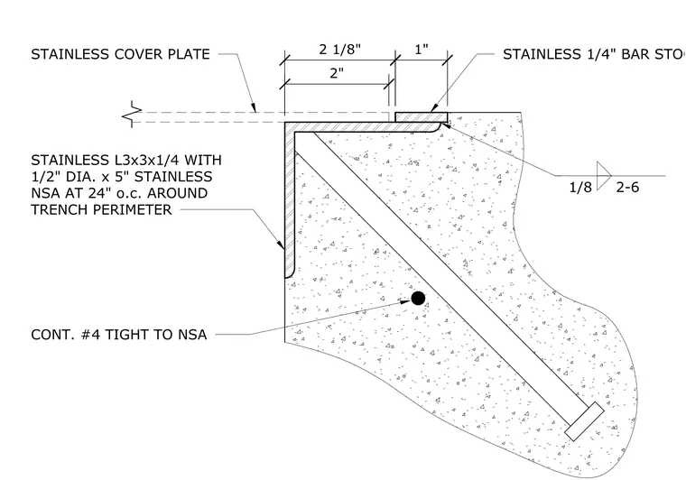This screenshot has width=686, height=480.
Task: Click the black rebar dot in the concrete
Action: coord(418,298)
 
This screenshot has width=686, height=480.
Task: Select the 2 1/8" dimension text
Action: coord(340,49)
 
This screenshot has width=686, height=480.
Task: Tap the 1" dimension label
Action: coord(422,49)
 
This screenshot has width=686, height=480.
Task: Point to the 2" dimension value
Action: coord(337,73)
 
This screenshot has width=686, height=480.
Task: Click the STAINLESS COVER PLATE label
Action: coord(120,54)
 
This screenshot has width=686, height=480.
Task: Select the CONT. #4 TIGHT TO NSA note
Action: coord(118,335)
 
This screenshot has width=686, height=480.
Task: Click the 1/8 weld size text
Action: coord(580,187)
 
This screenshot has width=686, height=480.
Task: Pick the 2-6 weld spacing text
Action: coord(627,187)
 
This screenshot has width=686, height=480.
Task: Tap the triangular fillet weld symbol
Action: coord(604,176)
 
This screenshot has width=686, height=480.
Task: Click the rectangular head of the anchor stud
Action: coord(585,421)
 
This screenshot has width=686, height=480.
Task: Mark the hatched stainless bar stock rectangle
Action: coord(422,117)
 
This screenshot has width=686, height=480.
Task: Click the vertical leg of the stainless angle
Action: coord(289,199)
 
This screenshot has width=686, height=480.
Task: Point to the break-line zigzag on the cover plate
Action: coord(132,115)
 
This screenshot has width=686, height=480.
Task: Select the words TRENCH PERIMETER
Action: coord(101,210)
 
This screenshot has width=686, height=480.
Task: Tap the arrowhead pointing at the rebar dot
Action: coord(403,300)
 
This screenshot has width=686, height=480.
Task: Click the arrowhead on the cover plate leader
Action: coord(254,107)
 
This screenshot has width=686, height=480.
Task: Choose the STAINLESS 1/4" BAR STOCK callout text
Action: coord(594,54)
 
